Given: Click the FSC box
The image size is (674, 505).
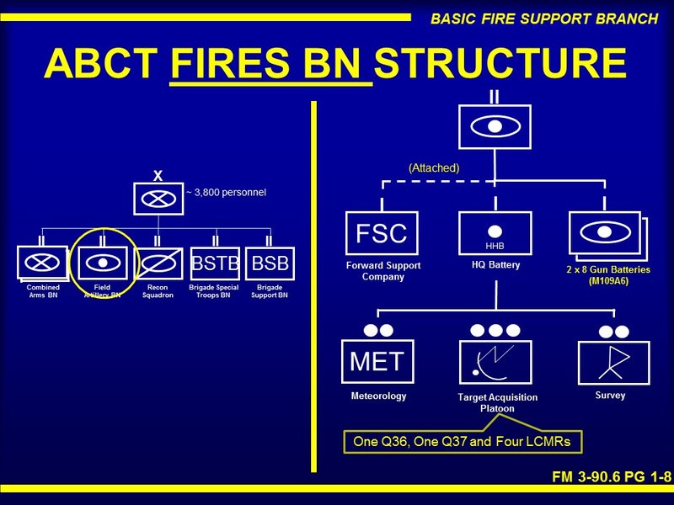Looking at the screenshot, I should coord(382,234).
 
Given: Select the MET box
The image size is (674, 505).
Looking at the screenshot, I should coord(377,362).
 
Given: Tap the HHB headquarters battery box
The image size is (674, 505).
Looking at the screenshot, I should coord(495,233).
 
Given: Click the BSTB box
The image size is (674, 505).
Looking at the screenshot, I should coord(215,264).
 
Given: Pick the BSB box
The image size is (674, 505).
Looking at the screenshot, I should coord(270,264).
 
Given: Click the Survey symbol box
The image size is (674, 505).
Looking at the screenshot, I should coord(613,363).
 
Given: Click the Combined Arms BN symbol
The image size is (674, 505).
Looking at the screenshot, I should coord(43,264).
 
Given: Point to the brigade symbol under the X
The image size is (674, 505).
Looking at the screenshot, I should coord(158,199).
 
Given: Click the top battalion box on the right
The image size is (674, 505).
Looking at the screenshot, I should coord(495,126).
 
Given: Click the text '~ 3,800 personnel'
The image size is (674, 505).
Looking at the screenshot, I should coord(226,193).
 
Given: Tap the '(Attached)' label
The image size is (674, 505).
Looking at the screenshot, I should coord(434,167).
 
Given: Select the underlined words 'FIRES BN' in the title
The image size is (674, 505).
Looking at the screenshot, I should coord(271,63).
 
